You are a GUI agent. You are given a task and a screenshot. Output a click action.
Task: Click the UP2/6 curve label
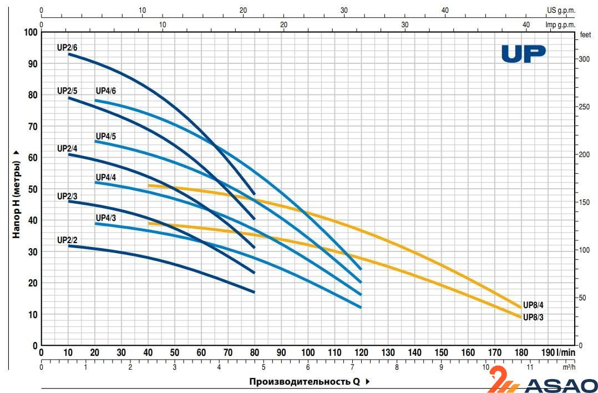tap(67, 48)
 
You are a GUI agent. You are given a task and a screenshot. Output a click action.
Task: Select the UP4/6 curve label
tap(106, 91)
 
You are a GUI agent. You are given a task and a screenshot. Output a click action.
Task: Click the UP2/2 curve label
tap(67, 240)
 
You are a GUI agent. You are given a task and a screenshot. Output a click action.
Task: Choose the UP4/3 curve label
tap(106, 218)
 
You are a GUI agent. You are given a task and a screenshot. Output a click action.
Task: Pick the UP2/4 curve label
tap(67, 148)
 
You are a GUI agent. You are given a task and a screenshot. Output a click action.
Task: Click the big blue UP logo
tap(524, 54)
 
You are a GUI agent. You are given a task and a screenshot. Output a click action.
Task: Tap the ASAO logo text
tap(560, 385)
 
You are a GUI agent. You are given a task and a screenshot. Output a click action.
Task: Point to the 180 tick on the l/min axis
tap(521, 352)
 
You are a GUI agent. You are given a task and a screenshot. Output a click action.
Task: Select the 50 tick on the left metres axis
tap(32, 189)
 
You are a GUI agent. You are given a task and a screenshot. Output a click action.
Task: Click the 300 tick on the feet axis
tap(584, 58)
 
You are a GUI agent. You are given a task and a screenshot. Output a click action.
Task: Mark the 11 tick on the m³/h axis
tap(530, 367)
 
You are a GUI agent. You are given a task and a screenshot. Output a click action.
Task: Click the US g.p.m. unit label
tap(562, 10)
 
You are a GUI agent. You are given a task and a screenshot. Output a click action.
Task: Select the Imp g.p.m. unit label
tap(561, 25)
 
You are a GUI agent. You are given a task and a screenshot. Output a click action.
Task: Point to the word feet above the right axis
tap(585, 34)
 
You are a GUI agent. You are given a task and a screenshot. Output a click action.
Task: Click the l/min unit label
tap(567, 352)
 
